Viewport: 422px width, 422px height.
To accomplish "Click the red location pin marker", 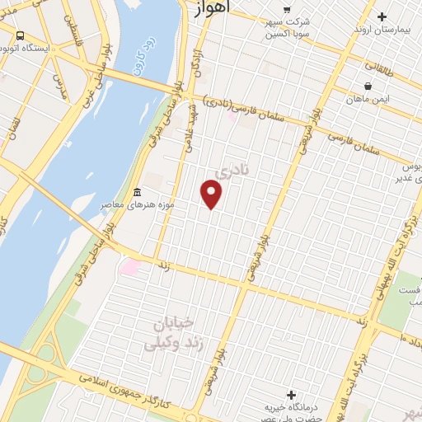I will point(212,195).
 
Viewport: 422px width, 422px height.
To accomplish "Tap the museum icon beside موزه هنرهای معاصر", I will point(135,192).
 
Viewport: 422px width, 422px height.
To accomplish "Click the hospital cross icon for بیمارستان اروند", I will point(382,16).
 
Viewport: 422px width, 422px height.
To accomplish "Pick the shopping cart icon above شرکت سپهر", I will point(286,9).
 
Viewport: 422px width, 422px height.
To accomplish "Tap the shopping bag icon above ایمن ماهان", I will point(368,86).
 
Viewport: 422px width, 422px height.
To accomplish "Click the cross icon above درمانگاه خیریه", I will point(290,394).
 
